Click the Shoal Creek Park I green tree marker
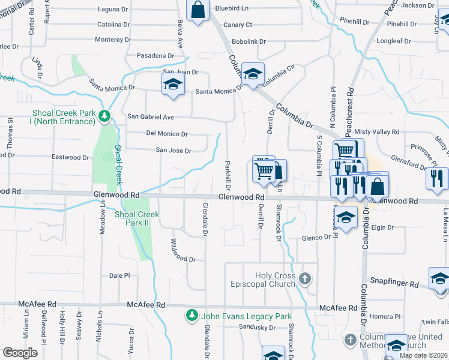click(x=104, y=116)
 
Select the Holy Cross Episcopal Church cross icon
click(x=305, y=278)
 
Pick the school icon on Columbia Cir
click(x=253, y=74)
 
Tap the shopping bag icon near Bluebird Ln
click(x=197, y=10)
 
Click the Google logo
click(x=20, y=353)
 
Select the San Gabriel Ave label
click(x=150, y=117)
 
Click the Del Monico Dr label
click(x=167, y=134)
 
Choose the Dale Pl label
click(x=119, y=275)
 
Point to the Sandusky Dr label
click(x=256, y=328)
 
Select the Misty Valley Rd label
click(x=377, y=132)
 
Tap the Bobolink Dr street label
click(x=249, y=41)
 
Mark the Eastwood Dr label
click(x=70, y=157)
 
